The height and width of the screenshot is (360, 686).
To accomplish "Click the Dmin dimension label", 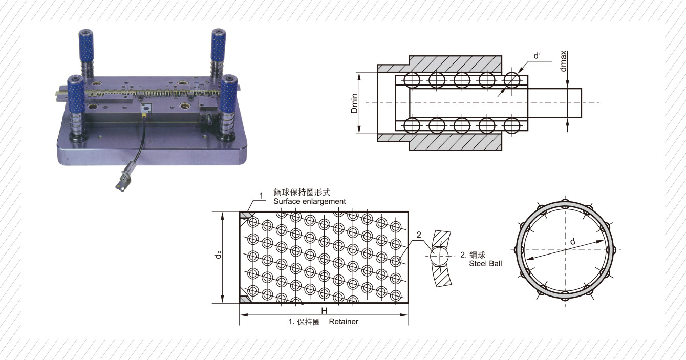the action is pyautogui.click(x=354, y=103).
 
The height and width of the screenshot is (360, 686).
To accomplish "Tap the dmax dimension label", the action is pyautogui.click(x=563, y=61).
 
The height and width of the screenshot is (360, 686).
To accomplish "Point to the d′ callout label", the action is pyautogui.click(x=537, y=55).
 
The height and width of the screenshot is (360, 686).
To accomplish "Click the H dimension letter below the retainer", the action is pyautogui.click(x=325, y=311).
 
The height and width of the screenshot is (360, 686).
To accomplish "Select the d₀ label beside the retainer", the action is pyautogui.click(x=219, y=255).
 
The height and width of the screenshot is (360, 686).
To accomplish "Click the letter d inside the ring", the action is pyautogui.click(x=572, y=241).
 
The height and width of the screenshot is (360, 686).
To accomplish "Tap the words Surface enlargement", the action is pyautogui.click(x=309, y=201).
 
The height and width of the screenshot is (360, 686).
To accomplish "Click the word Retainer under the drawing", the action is pyautogui.click(x=344, y=322).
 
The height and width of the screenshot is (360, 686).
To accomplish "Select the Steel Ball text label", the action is pyautogui.click(x=485, y=264).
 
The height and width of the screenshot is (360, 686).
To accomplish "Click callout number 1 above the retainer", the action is pyautogui.click(x=261, y=196).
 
